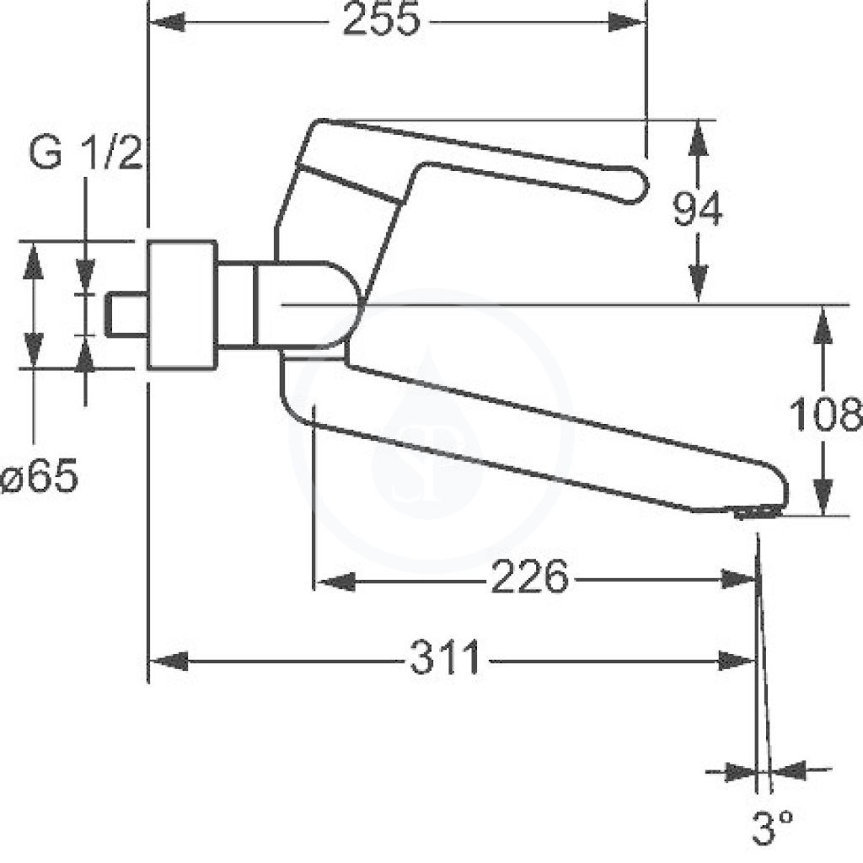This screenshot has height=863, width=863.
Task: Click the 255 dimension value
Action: (381, 19)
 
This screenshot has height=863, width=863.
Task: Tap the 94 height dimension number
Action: (697, 209)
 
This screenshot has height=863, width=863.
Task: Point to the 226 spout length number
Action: (528, 576)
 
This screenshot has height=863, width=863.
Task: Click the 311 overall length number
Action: (445, 657)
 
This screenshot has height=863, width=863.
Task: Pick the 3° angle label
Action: (772, 828)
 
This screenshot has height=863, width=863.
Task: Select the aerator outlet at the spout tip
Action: (757, 513)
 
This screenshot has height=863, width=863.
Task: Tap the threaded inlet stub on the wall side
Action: (126, 314)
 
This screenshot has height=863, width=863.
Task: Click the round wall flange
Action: (182, 304)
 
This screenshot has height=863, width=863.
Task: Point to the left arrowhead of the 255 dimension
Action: (168, 23)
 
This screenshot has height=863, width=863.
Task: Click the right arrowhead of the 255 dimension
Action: (626, 23)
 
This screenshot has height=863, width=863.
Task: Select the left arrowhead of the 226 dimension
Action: (336, 582)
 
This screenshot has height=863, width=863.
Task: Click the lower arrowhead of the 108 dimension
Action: (823, 496)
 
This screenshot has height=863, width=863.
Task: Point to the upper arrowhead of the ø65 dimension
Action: (34, 262)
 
